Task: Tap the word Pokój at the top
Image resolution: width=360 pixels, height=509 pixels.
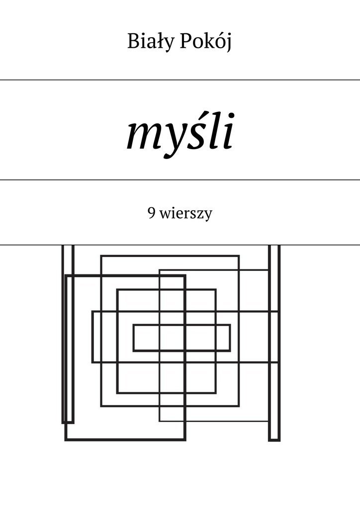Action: tap(206, 43)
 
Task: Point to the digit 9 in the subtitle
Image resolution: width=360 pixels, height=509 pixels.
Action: tap(151, 214)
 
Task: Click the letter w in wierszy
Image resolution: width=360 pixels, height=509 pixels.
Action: tap(165, 215)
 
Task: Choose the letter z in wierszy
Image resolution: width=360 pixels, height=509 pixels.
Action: tap(202, 215)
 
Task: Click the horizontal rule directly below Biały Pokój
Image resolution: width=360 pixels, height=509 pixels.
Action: tap(180, 80)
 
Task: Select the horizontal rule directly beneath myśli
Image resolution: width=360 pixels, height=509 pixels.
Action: tap(180, 179)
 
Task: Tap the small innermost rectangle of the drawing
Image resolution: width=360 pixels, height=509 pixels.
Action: tap(182, 338)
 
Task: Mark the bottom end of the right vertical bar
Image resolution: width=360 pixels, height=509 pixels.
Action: tap(274, 440)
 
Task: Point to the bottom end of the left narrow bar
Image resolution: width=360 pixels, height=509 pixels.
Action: tap(68, 423)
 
